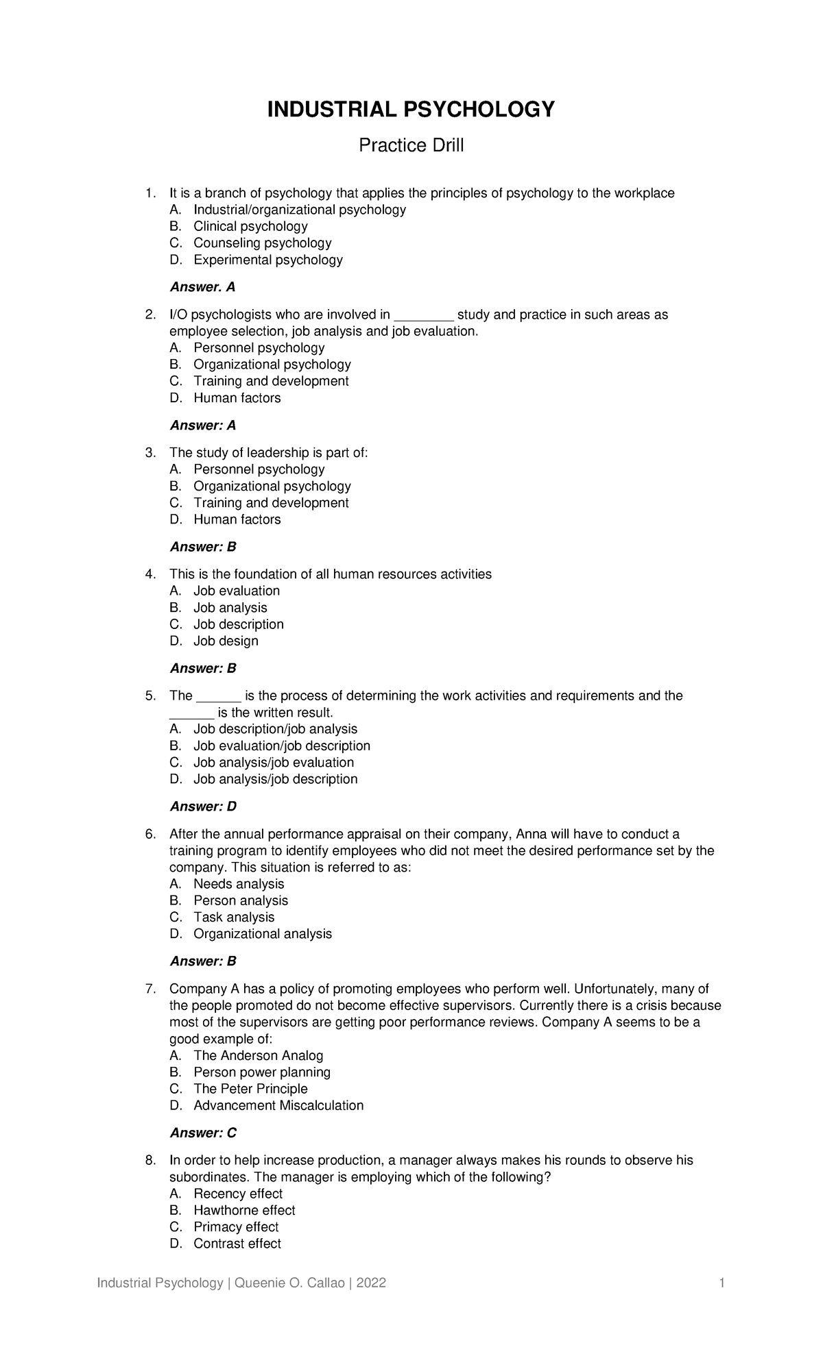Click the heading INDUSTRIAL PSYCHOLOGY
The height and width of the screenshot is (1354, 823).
[x=411, y=109]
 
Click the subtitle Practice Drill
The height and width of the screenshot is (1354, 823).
[x=411, y=145]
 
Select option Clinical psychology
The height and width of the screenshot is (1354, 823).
[x=250, y=226]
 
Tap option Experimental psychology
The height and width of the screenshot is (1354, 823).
[x=267, y=260]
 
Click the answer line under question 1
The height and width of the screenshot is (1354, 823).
[x=202, y=287]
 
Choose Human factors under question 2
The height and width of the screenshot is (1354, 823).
[x=237, y=398]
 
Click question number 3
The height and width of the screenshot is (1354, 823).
[x=150, y=453]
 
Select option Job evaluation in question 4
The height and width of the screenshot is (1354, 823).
[x=237, y=591]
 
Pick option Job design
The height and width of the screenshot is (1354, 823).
[x=226, y=641]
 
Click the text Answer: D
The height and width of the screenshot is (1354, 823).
[x=203, y=807]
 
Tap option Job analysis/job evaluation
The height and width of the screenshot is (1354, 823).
[x=274, y=763]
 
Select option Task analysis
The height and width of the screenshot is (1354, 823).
[x=234, y=917]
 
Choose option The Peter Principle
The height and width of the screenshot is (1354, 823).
[x=250, y=1089]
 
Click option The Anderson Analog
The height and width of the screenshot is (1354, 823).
[x=258, y=1055]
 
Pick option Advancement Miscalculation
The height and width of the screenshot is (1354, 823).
[x=278, y=1105]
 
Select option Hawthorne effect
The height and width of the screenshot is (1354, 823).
[x=244, y=1210]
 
